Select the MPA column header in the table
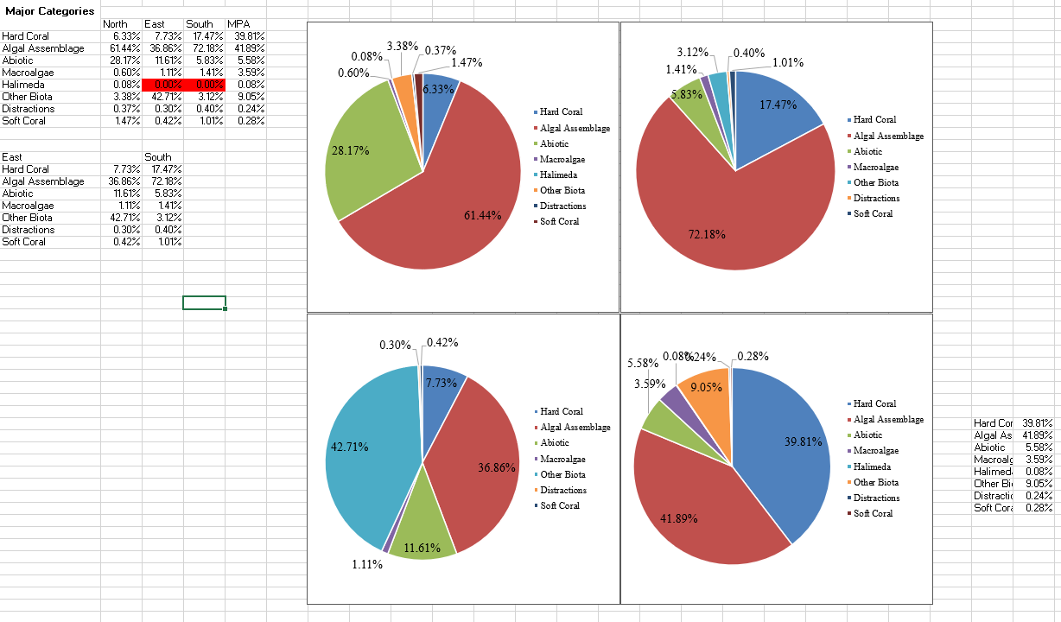click(237, 24)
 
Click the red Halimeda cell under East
click(162, 85)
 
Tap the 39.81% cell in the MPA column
click(251, 36)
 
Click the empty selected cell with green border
click(205, 302)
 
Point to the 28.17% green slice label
click(351, 151)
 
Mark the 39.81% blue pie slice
click(786, 449)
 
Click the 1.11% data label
click(367, 564)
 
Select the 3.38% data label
click(402, 45)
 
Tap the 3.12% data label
click(693, 53)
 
